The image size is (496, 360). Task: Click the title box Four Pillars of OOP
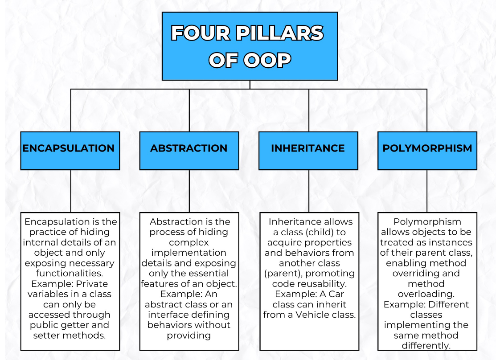pos(250,46)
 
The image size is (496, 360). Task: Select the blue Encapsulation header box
pos(70,151)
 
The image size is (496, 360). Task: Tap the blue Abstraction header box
pos(189,151)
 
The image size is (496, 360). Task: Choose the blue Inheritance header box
pos(308,151)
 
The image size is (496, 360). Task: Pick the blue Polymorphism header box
pos(427,151)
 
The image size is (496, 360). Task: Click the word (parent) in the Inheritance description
pos(280,273)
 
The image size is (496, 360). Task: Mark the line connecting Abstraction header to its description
pos(189,191)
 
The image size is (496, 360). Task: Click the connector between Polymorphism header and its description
pos(427,191)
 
